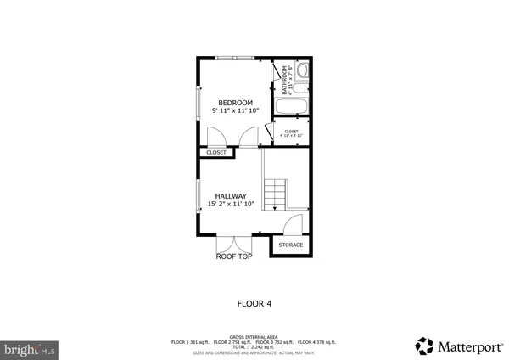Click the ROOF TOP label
[x=234, y=256]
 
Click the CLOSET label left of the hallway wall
[x=216, y=153]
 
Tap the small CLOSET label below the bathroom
[x=291, y=132]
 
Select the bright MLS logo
[x=30, y=348]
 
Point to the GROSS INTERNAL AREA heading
[x=254, y=336]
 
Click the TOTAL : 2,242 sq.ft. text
[x=254, y=346]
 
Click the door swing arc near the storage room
[x=292, y=224]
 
